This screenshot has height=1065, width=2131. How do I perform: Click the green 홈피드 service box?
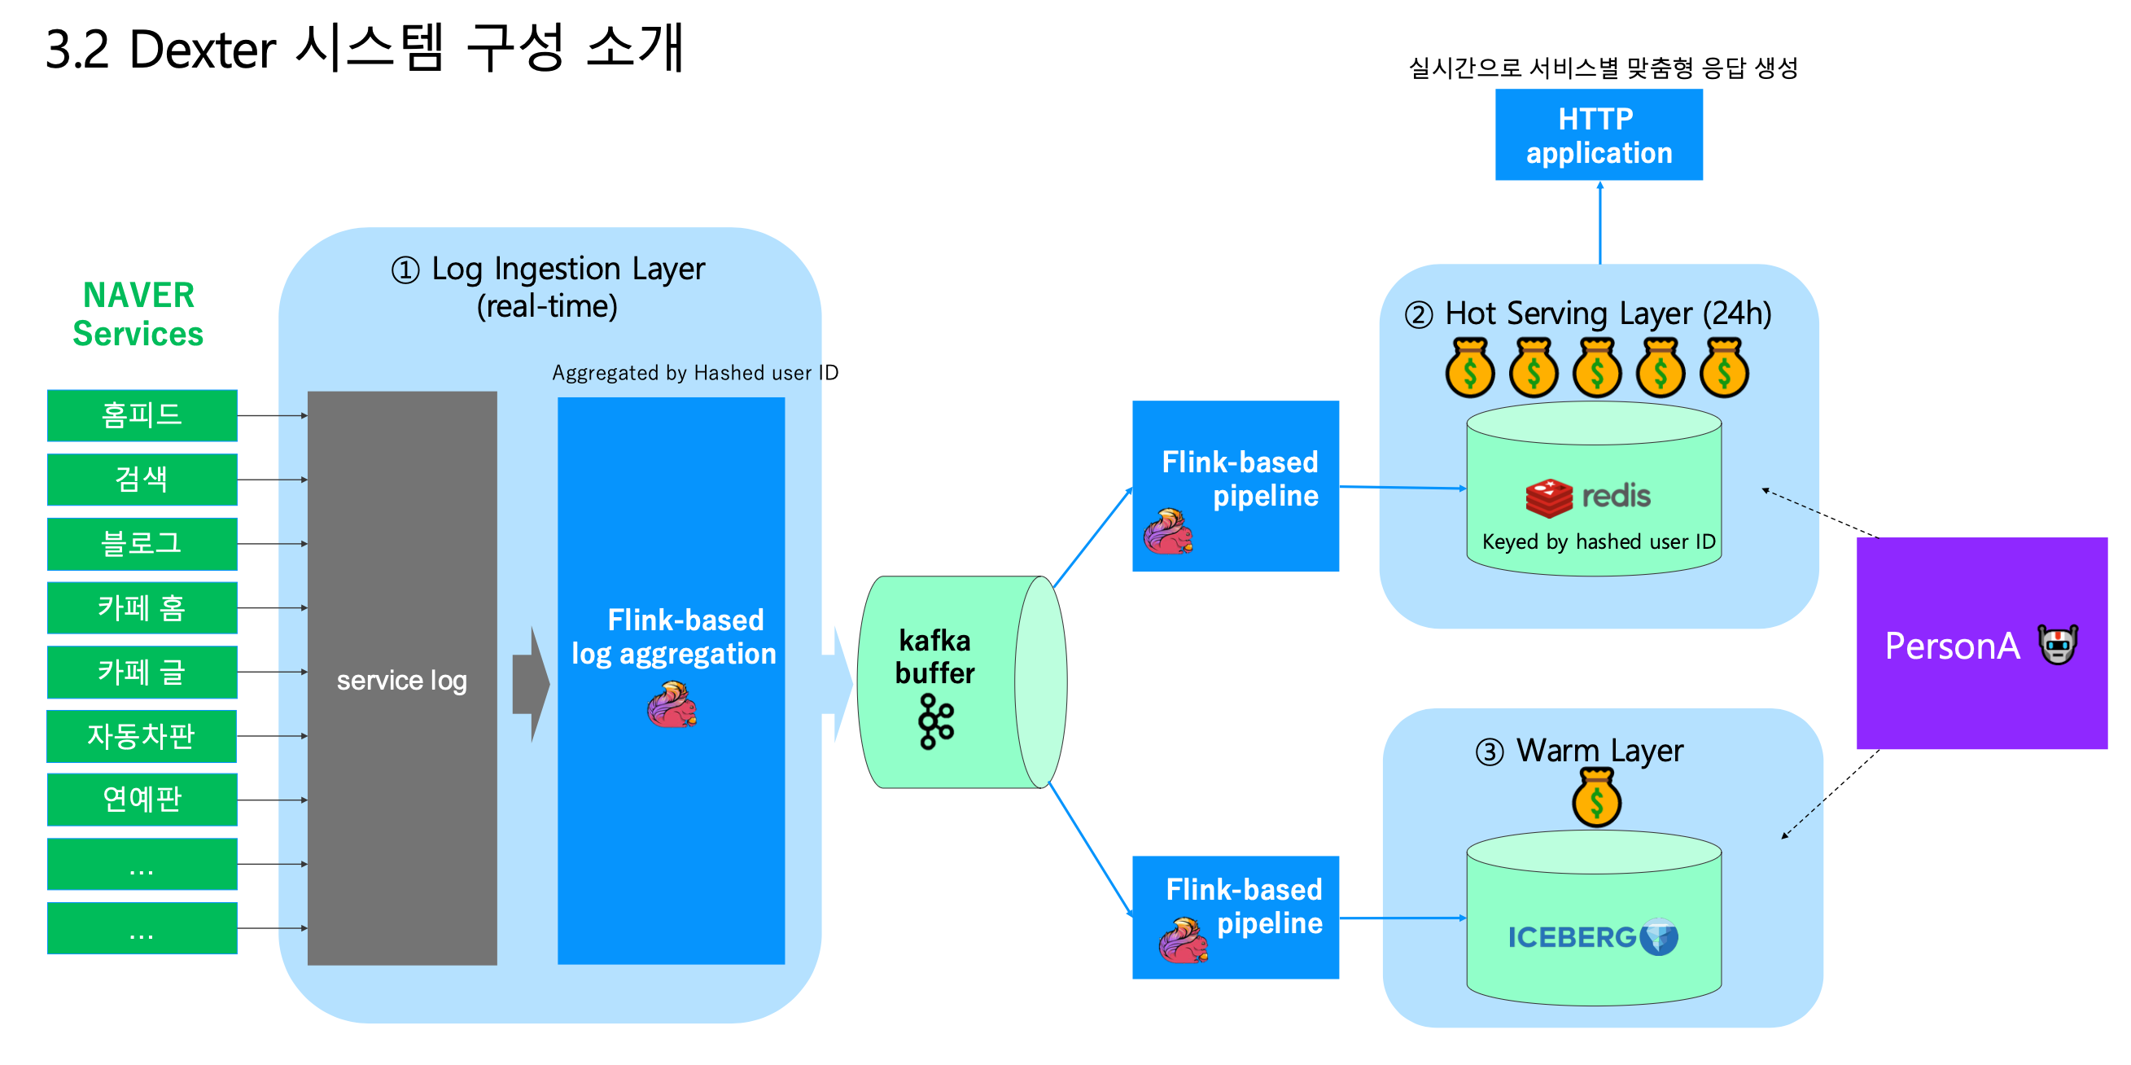coord(142,414)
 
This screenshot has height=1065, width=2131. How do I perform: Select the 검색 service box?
coord(142,479)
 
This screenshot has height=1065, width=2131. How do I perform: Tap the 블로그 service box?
coord(142,544)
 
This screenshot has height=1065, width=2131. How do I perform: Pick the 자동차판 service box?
coord(142,736)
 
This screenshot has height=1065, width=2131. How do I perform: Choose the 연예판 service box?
coord(142,800)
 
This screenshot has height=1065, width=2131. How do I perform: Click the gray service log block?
coord(402,677)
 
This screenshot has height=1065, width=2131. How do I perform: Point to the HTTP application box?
coord(1599,135)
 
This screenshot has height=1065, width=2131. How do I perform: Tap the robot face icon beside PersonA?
coord(2058,645)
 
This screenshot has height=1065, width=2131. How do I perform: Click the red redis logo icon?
coord(1549,497)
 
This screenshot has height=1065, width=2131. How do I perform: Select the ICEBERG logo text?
coord(1572,937)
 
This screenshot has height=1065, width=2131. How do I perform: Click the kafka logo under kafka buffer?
coord(935,721)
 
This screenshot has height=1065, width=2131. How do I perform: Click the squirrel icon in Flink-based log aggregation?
coord(672,705)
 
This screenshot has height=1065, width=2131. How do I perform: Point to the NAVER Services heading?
coord(138,314)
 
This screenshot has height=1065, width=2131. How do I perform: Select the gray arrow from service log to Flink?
coord(530,684)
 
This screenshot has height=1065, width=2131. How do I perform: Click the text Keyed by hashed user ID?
coord(1599,542)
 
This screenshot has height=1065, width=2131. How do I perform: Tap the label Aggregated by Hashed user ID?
coord(695,373)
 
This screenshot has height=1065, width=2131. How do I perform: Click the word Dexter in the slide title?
coord(202,50)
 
